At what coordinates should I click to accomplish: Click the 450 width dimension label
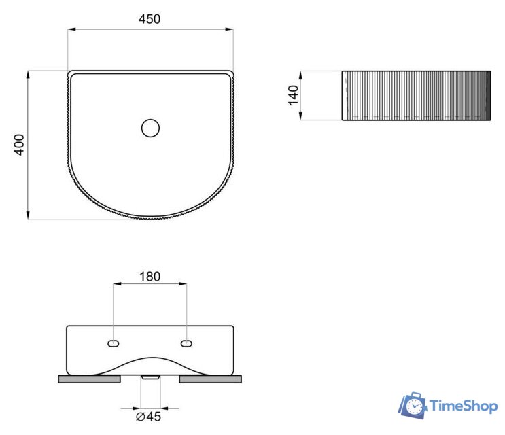point(150,19)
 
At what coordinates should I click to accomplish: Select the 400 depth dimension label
point(20,145)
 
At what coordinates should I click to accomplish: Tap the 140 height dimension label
point(293,95)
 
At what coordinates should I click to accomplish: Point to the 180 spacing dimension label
point(150,277)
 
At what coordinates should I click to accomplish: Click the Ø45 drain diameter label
point(148,417)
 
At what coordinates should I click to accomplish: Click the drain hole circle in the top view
point(150,128)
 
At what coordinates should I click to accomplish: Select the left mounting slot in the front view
point(114,343)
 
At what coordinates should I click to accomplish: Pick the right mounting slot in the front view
point(186,343)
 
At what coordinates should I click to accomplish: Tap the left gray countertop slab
point(89,379)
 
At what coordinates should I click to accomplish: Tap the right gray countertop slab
point(210,379)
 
